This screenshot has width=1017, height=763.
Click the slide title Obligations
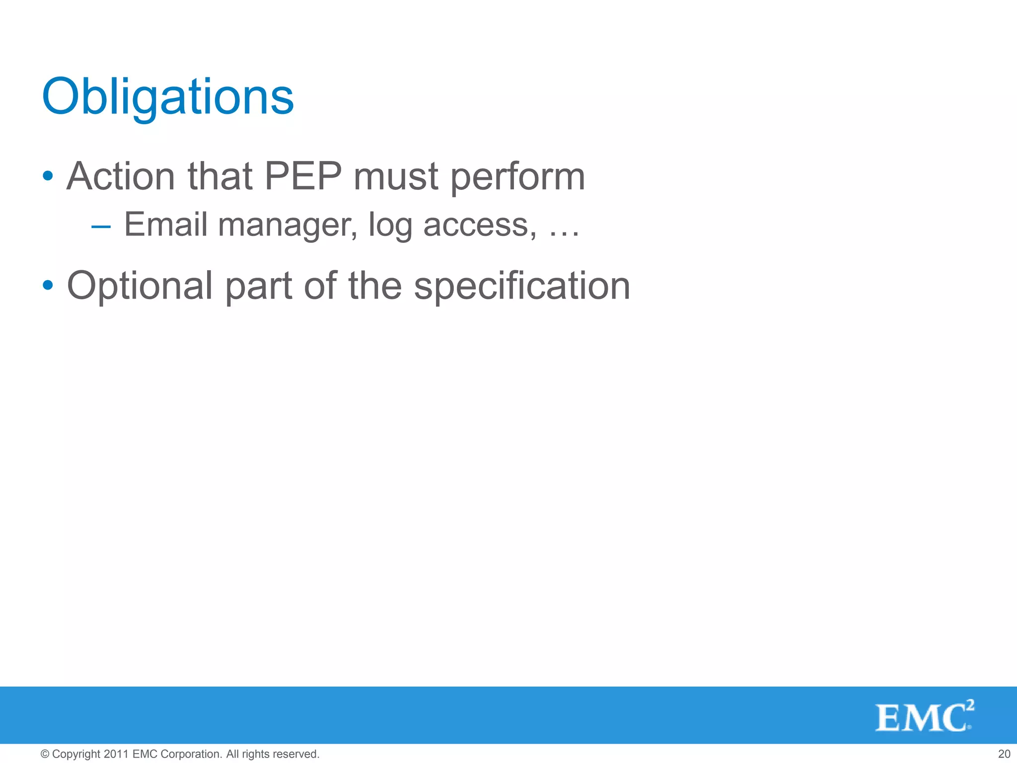coord(168,97)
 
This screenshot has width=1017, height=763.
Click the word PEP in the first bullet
coord(303,176)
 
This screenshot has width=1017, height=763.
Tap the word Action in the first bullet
coord(121,176)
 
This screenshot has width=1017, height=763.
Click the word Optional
coord(140,287)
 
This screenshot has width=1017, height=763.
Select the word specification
coord(522,287)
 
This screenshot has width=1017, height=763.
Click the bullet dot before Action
coord(48,176)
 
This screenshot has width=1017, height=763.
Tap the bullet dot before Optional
coord(48,285)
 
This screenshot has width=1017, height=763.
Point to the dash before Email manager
coord(101,227)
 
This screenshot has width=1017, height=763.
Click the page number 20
coord(1004,754)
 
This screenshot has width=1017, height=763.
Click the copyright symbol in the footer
coord(45,754)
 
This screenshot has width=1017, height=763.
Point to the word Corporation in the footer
coord(191,754)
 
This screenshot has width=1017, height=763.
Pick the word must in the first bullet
coord(396,177)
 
